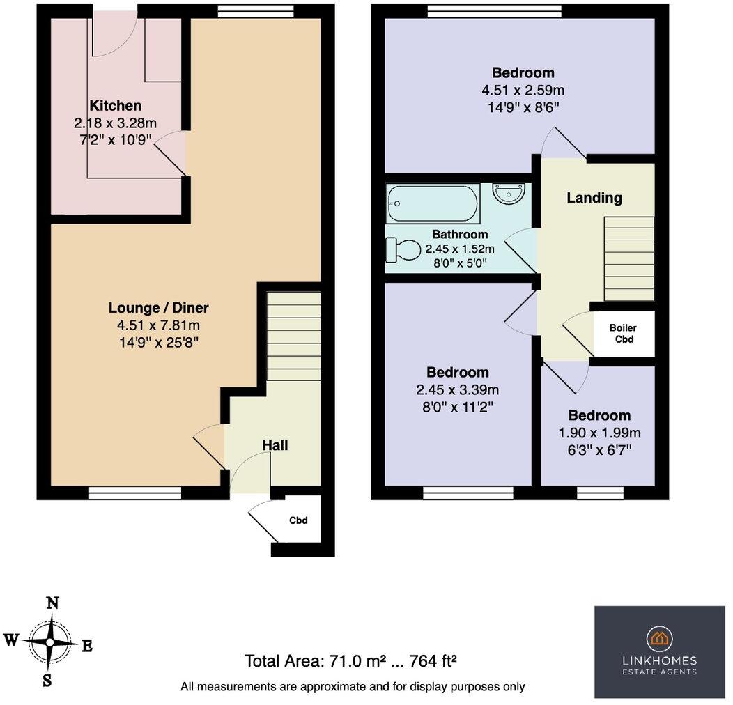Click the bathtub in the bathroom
433,203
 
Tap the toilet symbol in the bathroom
404,249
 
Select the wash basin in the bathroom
509,192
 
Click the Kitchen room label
116,106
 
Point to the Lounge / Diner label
159,307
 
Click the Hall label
275,445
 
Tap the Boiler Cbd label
623,334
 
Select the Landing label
594,198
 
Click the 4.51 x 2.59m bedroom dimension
523,90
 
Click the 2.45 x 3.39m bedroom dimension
457,389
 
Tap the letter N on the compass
52,603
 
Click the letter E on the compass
87,646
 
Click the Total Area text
350,660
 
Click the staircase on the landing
629,258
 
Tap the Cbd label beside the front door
299,520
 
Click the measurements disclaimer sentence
353,686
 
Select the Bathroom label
460,234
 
